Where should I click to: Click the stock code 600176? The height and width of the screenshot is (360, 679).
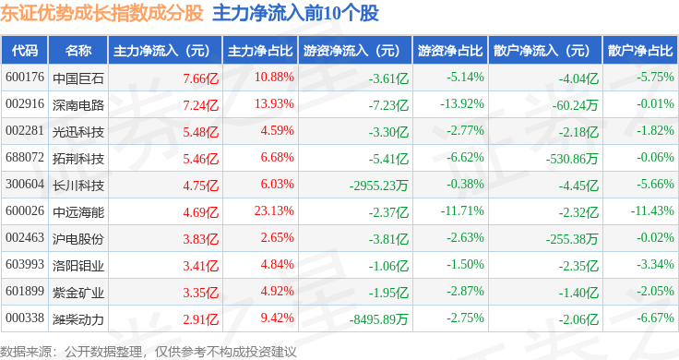pyautogui.click(x=25, y=78)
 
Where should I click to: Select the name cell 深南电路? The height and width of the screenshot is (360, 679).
pyautogui.click(x=78, y=105)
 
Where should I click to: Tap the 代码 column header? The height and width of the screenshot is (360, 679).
pyautogui.click(x=25, y=51)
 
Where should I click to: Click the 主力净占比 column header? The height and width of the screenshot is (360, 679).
pyautogui.click(x=260, y=51)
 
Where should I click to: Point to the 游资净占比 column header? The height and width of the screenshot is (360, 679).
pyautogui.click(x=450, y=51)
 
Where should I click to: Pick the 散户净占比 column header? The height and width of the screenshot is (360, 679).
pyautogui.click(x=640, y=51)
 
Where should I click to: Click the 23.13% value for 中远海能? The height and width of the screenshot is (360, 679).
pyautogui.click(x=274, y=211)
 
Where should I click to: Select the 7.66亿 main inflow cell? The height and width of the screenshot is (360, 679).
pyautogui.click(x=200, y=78)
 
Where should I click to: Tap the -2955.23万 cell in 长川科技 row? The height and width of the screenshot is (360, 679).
pyautogui.click(x=379, y=186)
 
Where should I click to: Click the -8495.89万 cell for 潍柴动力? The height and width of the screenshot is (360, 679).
pyautogui.click(x=379, y=319)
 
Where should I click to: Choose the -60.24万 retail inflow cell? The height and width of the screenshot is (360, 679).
pyautogui.click(x=575, y=105)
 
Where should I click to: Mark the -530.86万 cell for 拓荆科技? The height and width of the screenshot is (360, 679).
pyautogui.click(x=572, y=159)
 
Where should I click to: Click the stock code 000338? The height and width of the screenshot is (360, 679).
pyautogui.click(x=25, y=318)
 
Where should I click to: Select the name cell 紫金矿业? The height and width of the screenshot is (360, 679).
pyautogui.click(x=78, y=293)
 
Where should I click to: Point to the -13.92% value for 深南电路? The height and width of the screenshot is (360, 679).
pyautogui.click(x=462, y=104)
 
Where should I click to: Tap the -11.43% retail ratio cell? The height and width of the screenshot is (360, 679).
pyautogui.click(x=652, y=211)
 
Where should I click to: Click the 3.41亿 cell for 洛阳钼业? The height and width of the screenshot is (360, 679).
pyautogui.click(x=200, y=266)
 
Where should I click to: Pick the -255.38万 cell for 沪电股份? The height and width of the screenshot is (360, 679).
pyautogui.click(x=572, y=239)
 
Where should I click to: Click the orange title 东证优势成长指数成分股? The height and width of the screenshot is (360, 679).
pyautogui.click(x=101, y=13)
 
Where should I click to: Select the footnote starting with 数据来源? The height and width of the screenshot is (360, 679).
pyautogui.click(x=149, y=352)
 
